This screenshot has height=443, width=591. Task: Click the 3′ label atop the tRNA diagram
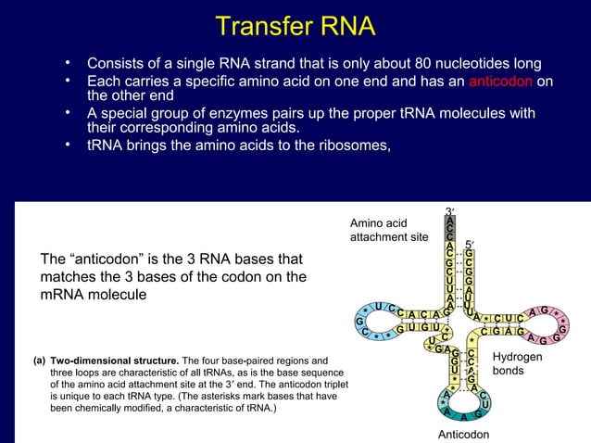click(x=448, y=211)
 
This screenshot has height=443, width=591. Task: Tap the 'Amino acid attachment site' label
click(x=389, y=230)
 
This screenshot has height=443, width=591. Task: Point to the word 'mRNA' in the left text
click(x=64, y=294)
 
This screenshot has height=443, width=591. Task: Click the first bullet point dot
click(x=68, y=64)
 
